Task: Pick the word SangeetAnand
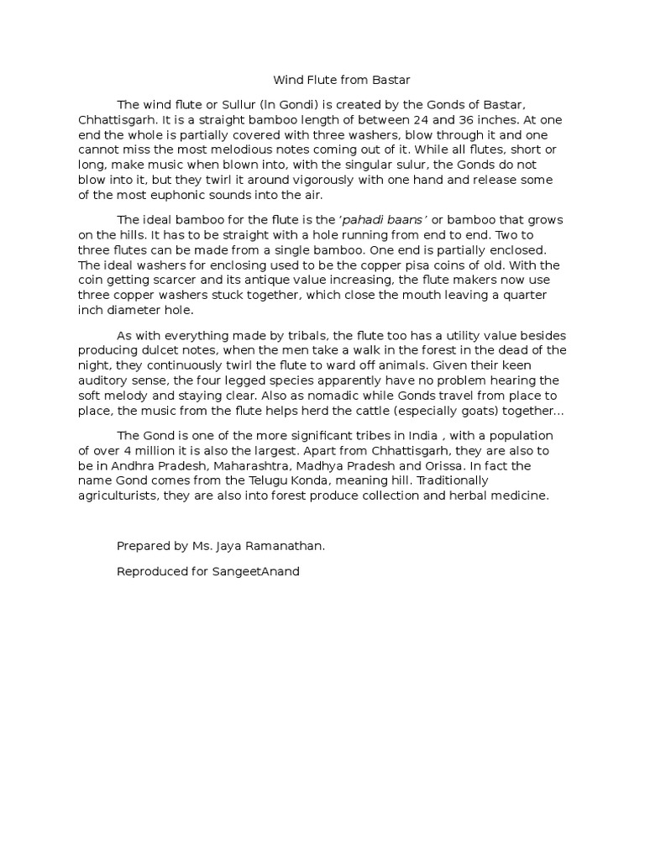point(260,571)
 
